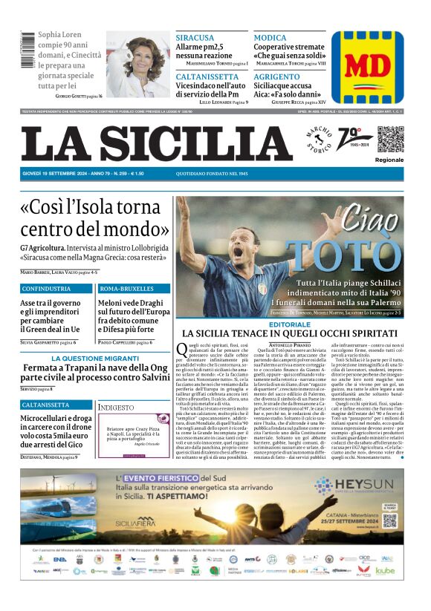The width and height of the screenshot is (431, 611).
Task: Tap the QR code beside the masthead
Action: click(x=389, y=140)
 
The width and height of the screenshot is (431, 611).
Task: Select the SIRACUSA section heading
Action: click(x=195, y=37)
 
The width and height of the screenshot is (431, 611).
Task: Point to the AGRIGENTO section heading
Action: click(x=276, y=76)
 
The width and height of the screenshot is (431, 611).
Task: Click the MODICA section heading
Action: click(x=270, y=37)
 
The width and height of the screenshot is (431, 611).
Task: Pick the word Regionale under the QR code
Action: click(x=389, y=160)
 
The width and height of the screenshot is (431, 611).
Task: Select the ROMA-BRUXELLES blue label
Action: click(x=126, y=288)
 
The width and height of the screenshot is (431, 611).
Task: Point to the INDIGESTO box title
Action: click(x=117, y=408)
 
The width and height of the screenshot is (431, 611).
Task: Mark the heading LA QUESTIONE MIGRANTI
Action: click(x=96, y=358)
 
